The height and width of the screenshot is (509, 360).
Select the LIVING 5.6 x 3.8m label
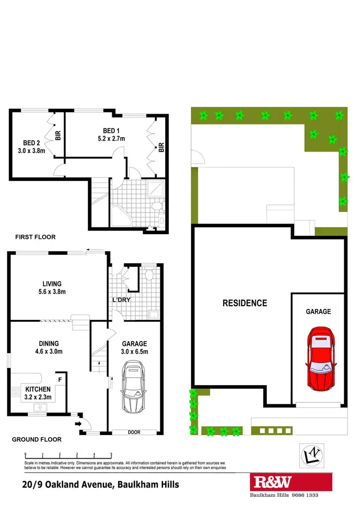click(51, 287)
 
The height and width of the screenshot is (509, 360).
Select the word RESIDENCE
click(244, 303)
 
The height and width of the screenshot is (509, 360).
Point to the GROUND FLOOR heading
click(36, 439)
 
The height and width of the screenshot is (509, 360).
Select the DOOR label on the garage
click(134, 432)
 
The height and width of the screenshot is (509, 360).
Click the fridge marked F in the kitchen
click(60, 379)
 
